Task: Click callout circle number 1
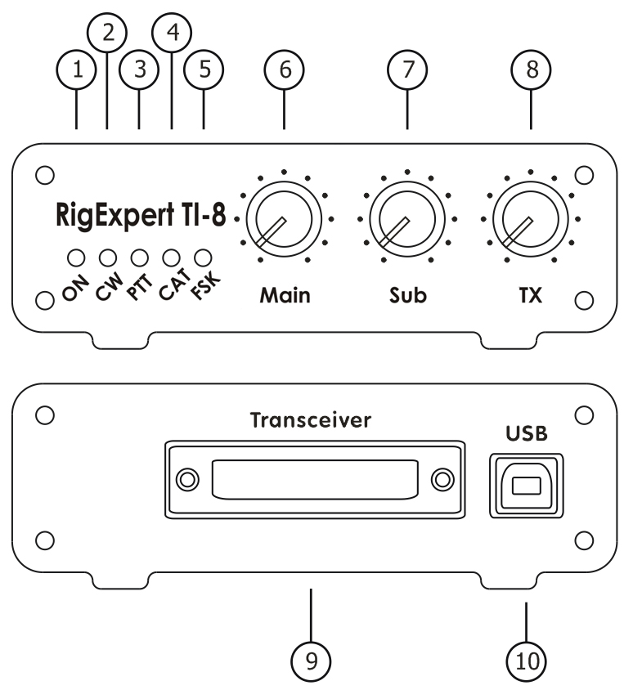(77, 70)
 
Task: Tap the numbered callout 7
(406, 70)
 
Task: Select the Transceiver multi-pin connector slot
(315, 477)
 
